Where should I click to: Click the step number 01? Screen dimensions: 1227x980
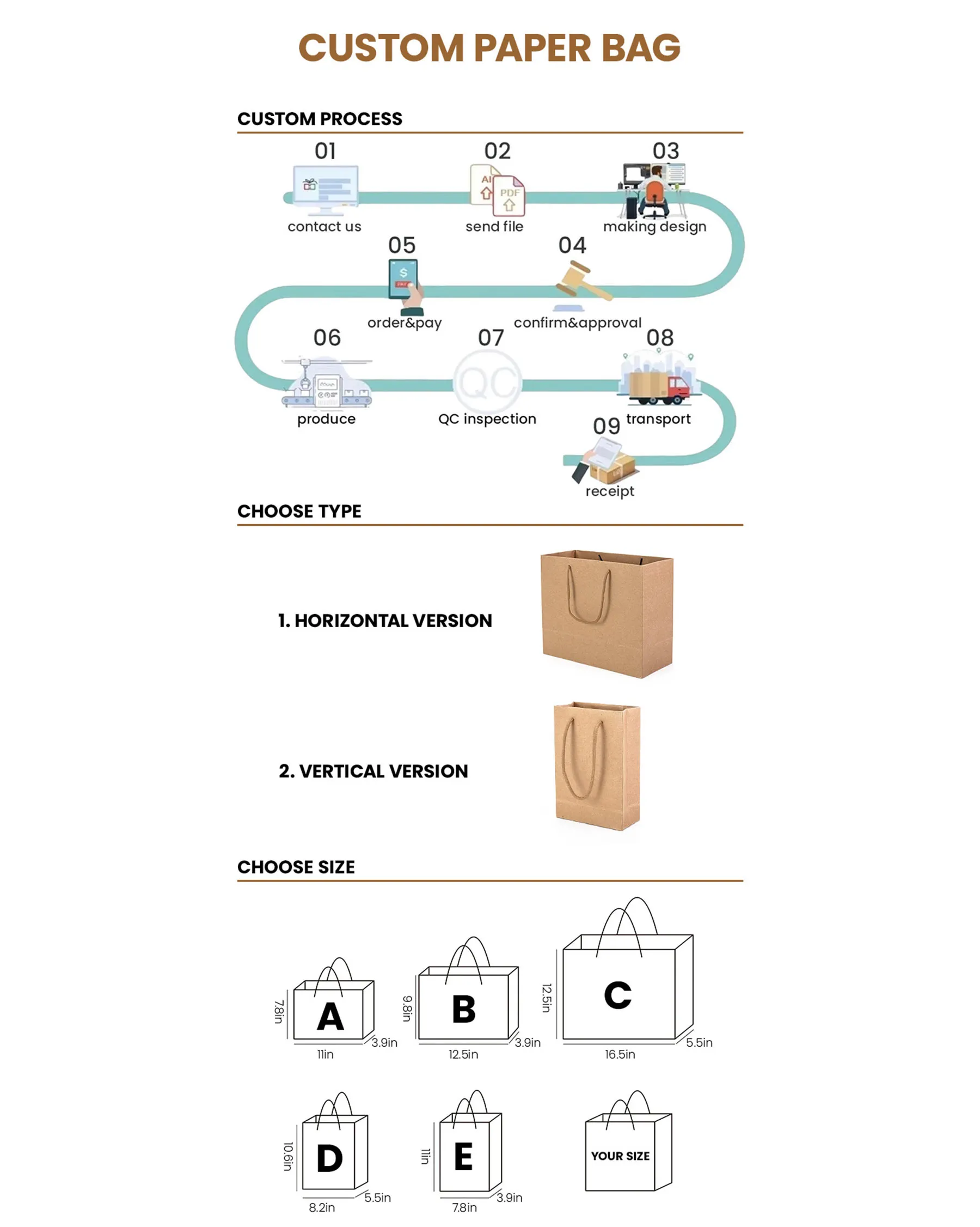click(x=326, y=151)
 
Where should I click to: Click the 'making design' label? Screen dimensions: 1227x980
click(x=654, y=227)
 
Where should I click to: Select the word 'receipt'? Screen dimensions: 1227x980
click(x=610, y=491)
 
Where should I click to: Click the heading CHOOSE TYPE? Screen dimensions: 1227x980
click(x=299, y=511)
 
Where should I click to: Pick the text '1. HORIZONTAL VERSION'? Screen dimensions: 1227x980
click(x=385, y=621)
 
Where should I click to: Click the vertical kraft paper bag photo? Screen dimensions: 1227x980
click(x=597, y=766)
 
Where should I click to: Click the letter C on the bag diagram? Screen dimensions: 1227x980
click(x=618, y=995)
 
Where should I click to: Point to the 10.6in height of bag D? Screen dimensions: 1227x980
click(x=288, y=1156)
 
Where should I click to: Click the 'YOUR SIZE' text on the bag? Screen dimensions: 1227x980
click(x=620, y=1156)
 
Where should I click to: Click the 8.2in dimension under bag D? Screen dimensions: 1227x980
click(x=322, y=1207)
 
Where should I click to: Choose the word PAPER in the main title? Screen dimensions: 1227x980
click(x=532, y=48)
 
